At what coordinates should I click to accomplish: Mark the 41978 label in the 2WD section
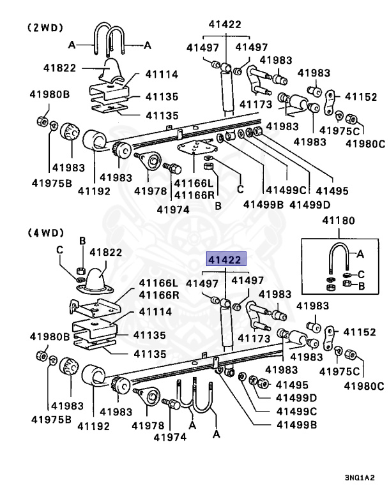(x=149, y=190)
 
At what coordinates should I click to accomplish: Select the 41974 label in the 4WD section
(x=170, y=437)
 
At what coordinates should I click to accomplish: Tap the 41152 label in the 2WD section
(x=361, y=97)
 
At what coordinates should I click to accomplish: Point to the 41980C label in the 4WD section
(x=364, y=385)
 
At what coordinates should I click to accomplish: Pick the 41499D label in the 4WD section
(x=293, y=398)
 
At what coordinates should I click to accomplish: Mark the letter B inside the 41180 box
(x=361, y=286)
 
